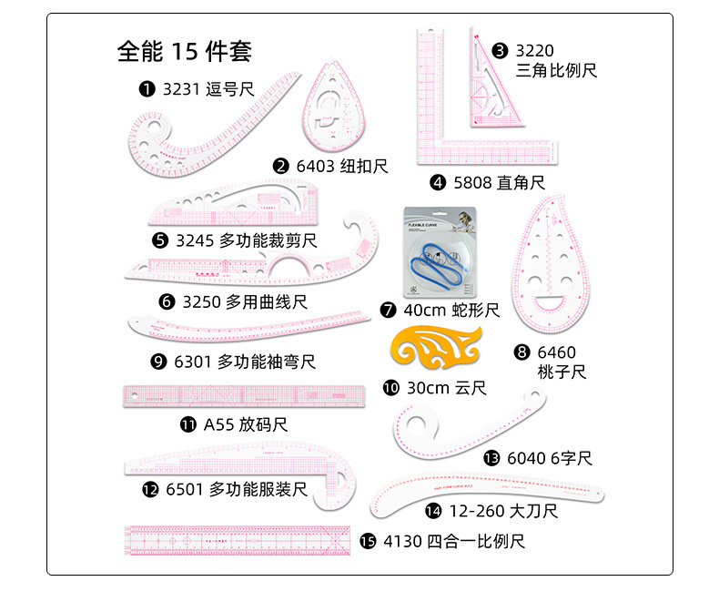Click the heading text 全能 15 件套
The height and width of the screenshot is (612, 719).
(x=185, y=51)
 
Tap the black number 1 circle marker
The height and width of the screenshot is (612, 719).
(x=146, y=89)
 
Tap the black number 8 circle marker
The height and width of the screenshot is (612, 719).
(x=522, y=352)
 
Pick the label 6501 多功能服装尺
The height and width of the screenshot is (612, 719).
(x=236, y=490)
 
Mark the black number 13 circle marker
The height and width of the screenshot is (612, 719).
(x=492, y=458)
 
